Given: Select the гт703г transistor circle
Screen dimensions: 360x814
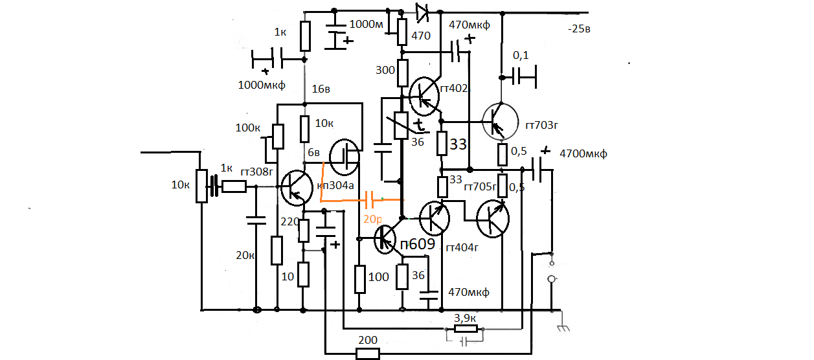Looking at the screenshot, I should tap(501, 121).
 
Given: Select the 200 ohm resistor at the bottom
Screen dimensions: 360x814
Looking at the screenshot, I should tap(368, 354).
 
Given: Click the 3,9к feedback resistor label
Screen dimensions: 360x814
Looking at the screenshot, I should tap(466, 319).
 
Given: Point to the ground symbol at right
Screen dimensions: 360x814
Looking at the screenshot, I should tap(563, 326).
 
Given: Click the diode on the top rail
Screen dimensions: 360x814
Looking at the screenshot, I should tap(423, 10).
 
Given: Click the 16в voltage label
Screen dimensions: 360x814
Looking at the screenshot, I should tap(321, 89).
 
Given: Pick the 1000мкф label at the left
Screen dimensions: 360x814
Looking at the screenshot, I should tap(262, 85).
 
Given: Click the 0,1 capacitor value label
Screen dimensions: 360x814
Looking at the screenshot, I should tap(521, 56).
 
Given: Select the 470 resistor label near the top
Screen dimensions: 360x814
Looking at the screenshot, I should tap(420, 36).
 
